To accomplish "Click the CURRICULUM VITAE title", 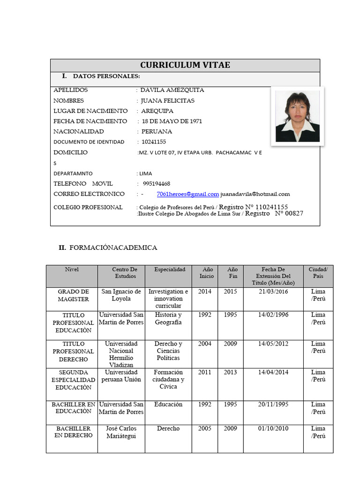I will coord(185,65).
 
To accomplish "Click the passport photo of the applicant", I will coord(297,116).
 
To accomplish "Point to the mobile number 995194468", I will coord(157,184).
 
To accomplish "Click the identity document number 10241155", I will coord(154,142).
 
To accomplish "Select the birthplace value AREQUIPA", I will coord(157,111).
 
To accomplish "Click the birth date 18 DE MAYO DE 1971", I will coord(172,121).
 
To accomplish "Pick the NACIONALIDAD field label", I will coord(79,132).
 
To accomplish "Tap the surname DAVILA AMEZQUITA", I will coord(172,90).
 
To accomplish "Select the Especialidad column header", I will coord(170,270).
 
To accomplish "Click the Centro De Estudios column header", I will coord(125,273).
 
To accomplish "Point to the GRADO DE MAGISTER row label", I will coord(73,295).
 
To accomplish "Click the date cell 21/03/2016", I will coord(273,292).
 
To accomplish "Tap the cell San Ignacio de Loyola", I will coord(121,295).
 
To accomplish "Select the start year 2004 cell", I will coord(205,344).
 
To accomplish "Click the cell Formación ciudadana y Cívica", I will coord(168,379).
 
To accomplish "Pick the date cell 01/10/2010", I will coord(273,428).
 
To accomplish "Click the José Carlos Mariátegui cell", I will coord(121,432).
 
